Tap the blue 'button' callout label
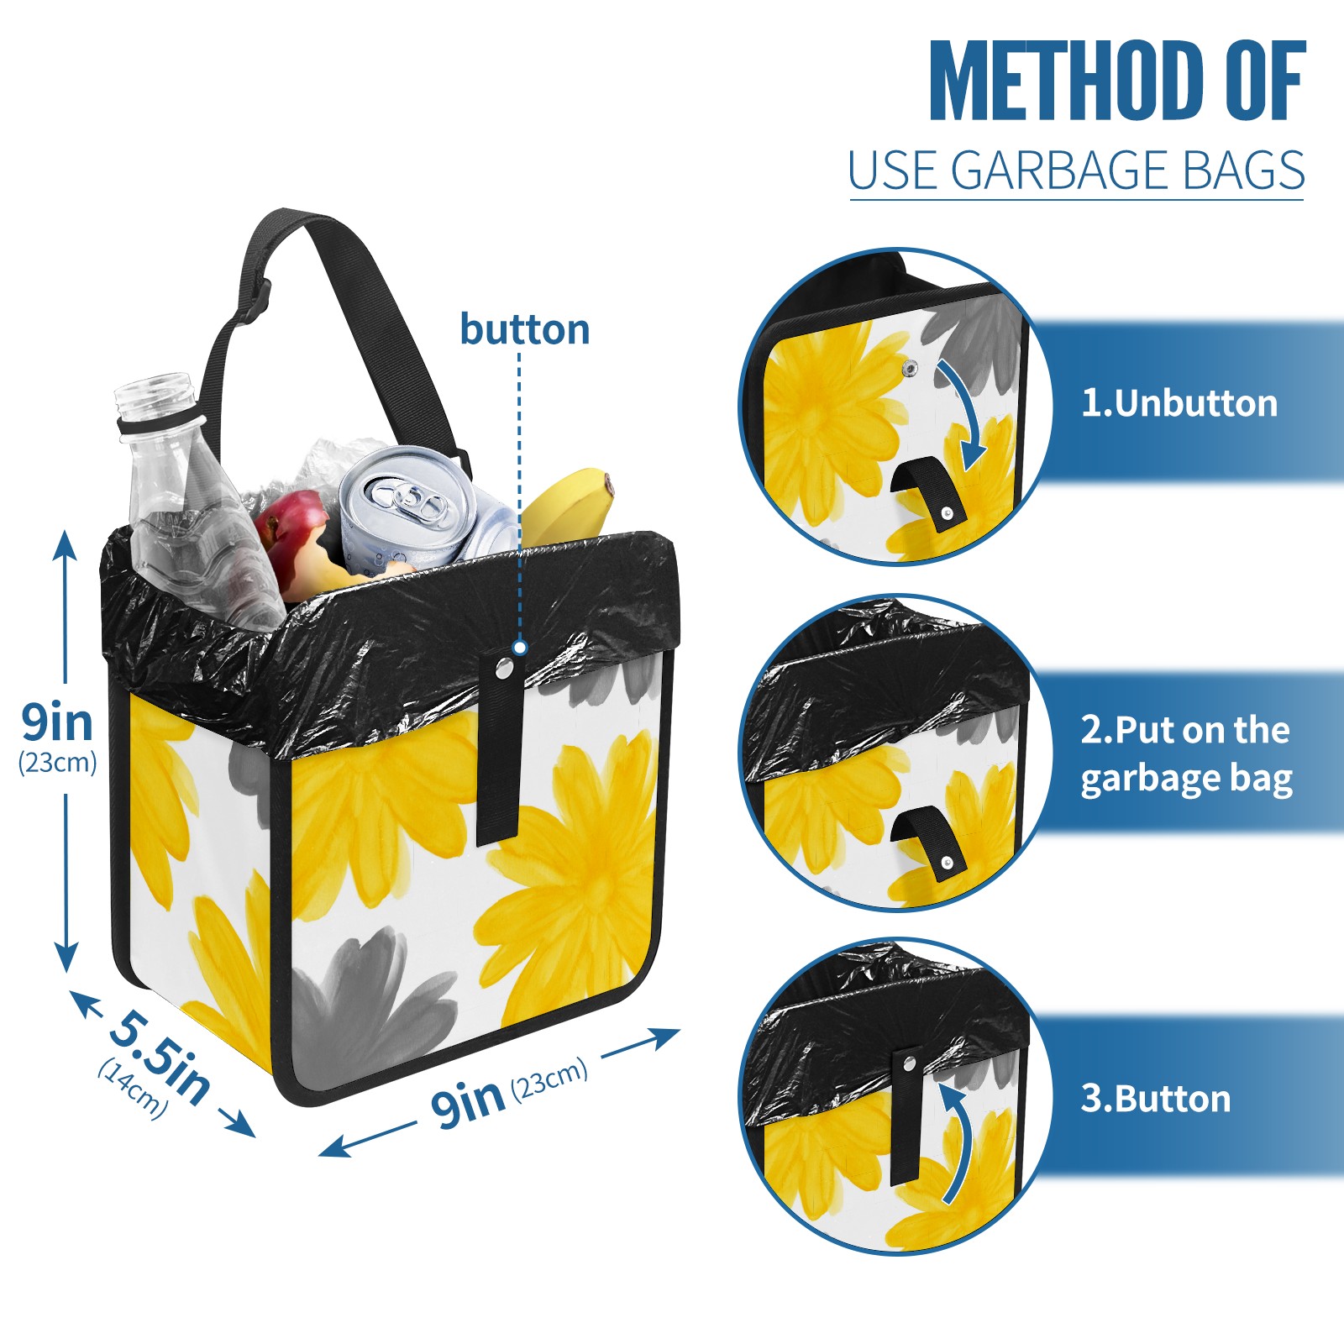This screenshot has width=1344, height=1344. pyautogui.click(x=524, y=329)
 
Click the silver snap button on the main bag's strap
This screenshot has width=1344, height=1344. pyautogui.click(x=504, y=668)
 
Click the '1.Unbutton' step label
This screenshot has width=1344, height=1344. pyautogui.click(x=1179, y=404)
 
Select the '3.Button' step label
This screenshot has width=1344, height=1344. pyautogui.click(x=1155, y=1099)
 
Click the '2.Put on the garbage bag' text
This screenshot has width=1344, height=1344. pyautogui.click(x=1186, y=754)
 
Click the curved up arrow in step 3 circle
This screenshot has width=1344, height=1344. pyautogui.click(x=958, y=1142)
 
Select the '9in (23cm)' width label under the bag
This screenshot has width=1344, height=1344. pyautogui.click(x=509, y=1092)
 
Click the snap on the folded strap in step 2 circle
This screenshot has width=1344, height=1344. pyautogui.click(x=947, y=862)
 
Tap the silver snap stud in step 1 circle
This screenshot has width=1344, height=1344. pyautogui.click(x=910, y=368)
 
